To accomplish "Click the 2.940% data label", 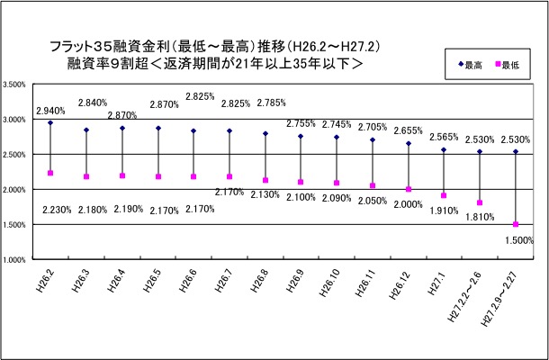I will [50, 111].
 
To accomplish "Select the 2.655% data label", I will [409, 130].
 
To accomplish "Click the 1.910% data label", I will [445, 211].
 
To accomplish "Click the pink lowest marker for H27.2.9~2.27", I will [516, 224].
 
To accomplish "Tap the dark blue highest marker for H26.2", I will [50, 122].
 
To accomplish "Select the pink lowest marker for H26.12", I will [409, 189].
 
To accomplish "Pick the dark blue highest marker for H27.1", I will [445, 149].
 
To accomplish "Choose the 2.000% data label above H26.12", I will [409, 204].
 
